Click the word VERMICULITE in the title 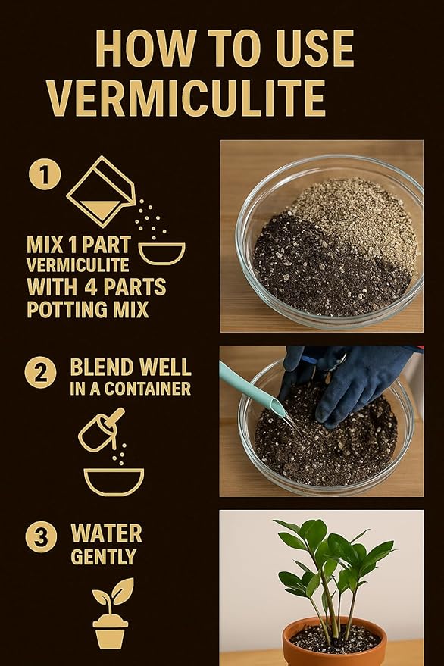186,97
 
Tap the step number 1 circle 44,175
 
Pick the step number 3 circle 40,536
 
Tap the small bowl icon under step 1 161,252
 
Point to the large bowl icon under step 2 113,480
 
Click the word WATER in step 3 106,533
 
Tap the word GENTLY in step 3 103,558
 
